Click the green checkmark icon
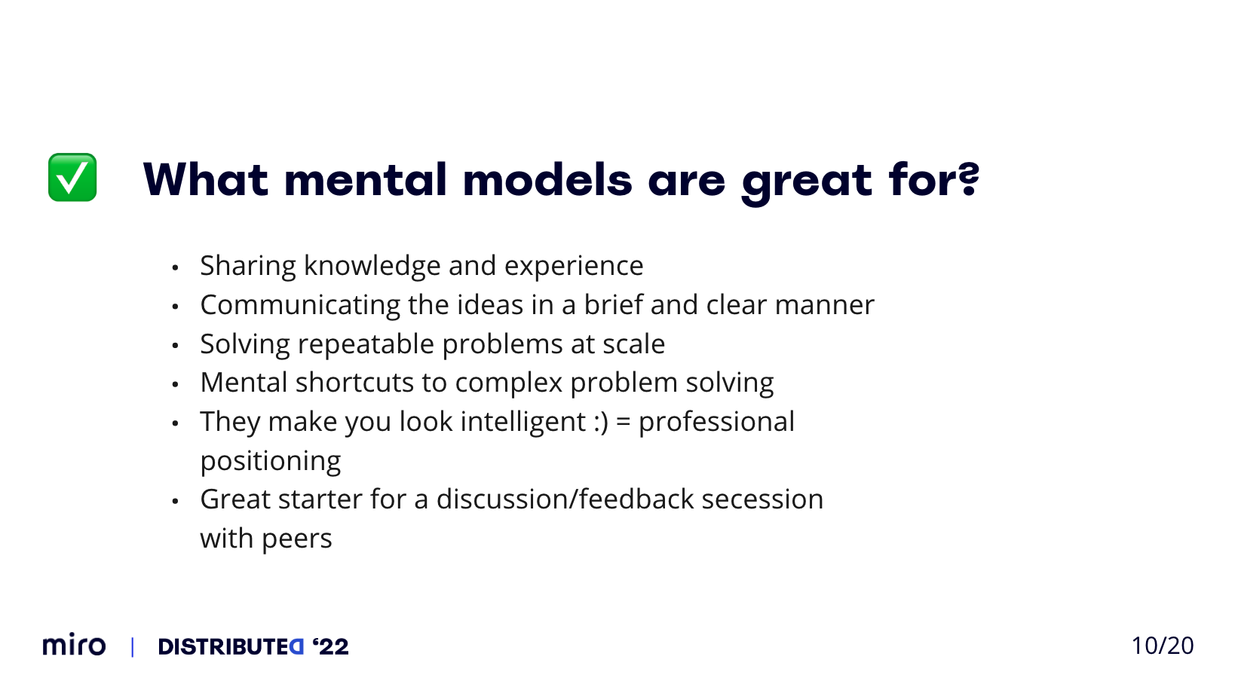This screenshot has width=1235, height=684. [72, 177]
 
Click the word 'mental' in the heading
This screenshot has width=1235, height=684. [365, 179]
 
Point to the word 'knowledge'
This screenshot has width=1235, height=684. [372, 267]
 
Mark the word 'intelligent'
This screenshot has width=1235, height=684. [523, 423]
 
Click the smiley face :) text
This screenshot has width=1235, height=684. [601, 423]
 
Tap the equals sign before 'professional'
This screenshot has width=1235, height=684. [623, 423]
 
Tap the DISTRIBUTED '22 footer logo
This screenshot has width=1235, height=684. [253, 646]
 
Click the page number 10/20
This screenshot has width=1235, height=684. [1162, 646]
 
